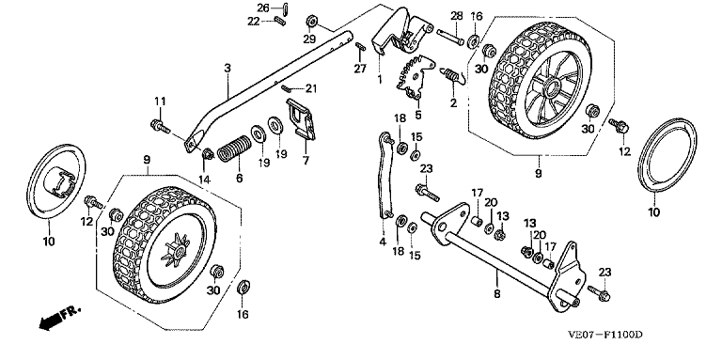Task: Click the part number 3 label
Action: pos(227,68)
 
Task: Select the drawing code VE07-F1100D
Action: pos(605,335)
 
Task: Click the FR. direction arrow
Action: pos(58,318)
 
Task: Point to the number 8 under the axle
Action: pos(496,293)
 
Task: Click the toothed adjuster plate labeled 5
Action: pos(416,77)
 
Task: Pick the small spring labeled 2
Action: pos(453,74)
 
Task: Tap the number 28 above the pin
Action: pos(456,16)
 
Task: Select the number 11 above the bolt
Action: pos(160,101)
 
